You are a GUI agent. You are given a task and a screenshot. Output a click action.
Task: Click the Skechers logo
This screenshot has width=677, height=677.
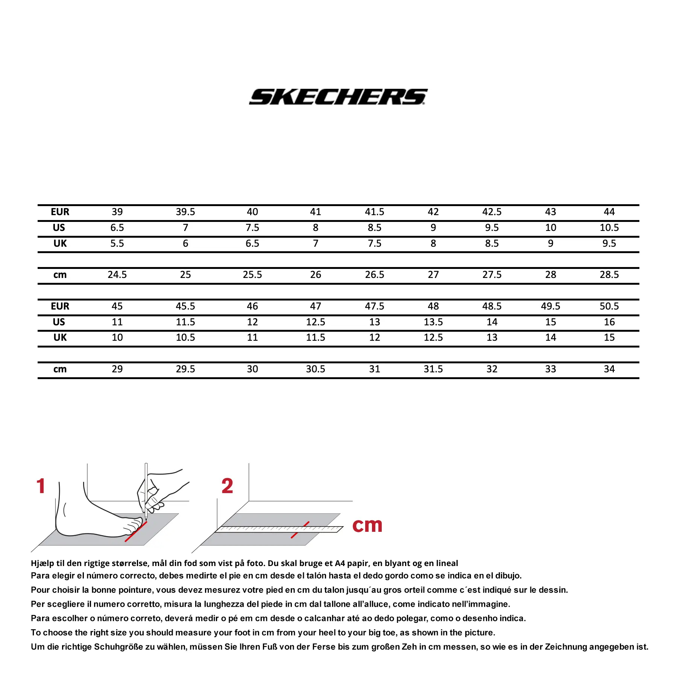point(338,97)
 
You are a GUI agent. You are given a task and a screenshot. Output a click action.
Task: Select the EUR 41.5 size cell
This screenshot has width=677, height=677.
point(374,212)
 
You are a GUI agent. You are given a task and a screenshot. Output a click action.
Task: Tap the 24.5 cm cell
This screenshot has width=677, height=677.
point(117,275)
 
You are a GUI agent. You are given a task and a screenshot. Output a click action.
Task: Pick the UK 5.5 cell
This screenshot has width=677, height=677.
point(117,244)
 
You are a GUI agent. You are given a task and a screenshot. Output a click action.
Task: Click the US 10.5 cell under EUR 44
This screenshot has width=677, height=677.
point(609,228)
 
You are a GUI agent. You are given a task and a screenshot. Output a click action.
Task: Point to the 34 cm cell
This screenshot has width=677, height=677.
point(609,369)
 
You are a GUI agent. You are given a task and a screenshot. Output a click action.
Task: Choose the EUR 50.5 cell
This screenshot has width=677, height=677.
point(609,307)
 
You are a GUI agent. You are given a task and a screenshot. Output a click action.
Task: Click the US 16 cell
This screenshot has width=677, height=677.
point(609,322)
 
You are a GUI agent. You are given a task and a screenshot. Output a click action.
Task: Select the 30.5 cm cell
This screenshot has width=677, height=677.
point(315,369)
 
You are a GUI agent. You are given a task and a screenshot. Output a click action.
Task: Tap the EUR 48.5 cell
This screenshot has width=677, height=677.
point(492,307)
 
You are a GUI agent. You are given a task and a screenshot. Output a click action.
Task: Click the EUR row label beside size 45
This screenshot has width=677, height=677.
point(60,307)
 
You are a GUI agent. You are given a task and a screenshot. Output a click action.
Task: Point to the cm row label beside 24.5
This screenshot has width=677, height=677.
point(60,275)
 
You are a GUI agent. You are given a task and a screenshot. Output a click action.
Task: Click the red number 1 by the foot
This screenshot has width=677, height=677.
point(41,486)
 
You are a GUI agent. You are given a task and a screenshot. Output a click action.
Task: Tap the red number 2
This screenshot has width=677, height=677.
point(227,486)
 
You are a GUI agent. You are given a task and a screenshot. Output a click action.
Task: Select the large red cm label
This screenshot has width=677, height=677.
point(367,525)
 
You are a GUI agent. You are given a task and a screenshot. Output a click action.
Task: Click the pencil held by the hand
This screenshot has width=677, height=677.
point(146,489)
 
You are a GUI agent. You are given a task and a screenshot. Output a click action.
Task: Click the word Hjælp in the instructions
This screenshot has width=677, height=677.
point(42,563)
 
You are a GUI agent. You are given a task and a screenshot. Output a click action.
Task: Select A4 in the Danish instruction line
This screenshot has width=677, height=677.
point(340,563)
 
